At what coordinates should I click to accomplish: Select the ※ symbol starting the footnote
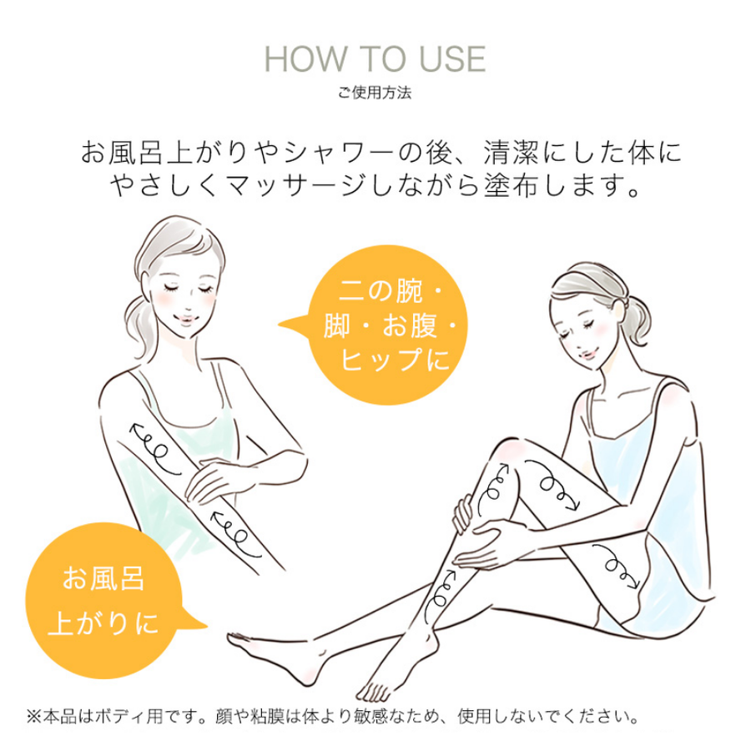coord(33,716)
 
